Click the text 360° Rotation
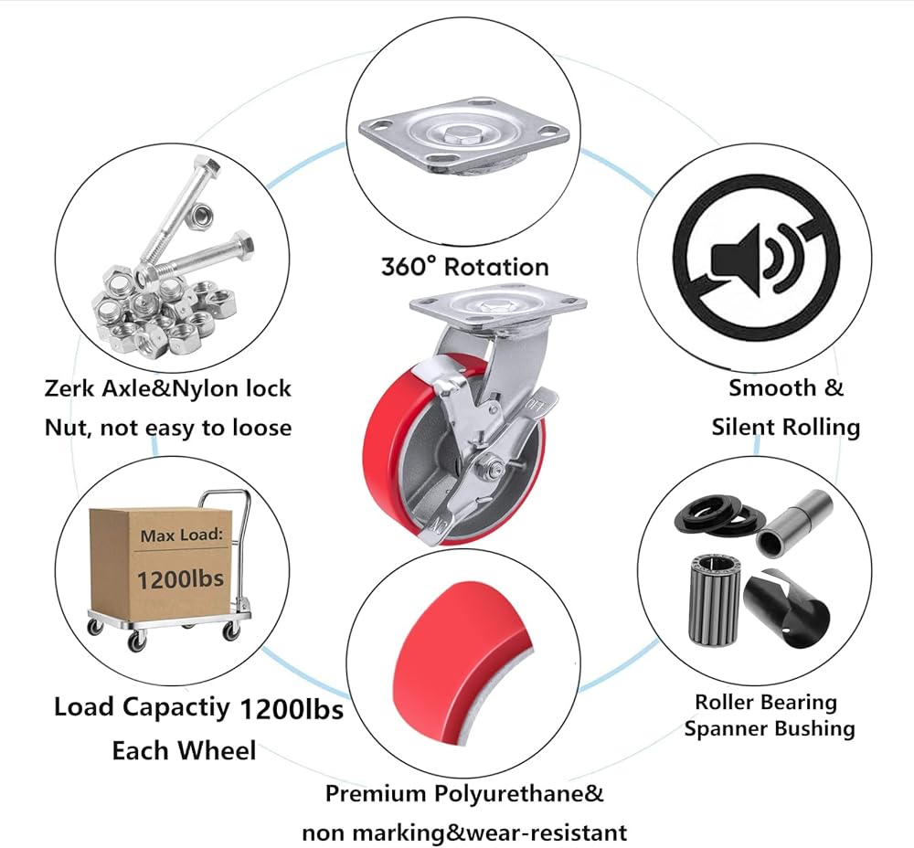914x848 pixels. (x=464, y=267)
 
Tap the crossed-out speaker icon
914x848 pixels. (x=756, y=250)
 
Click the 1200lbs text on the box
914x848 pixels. (x=180, y=578)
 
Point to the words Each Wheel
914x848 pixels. (x=184, y=750)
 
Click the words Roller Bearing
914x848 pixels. (x=765, y=702)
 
